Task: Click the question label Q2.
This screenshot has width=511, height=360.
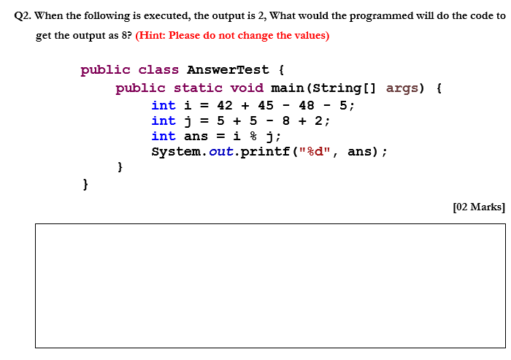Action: click(x=23, y=16)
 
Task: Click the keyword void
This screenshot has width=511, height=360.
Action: click(x=247, y=88)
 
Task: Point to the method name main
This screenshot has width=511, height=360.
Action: click(x=287, y=88)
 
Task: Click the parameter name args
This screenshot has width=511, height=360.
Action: click(x=402, y=88)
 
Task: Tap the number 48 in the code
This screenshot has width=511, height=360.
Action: click(x=306, y=105)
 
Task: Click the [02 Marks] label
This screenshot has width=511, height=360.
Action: click(x=478, y=207)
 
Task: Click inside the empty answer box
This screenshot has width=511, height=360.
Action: click(x=269, y=285)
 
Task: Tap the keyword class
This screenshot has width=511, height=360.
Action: click(x=158, y=70)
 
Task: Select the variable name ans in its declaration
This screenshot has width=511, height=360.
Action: click(x=196, y=137)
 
